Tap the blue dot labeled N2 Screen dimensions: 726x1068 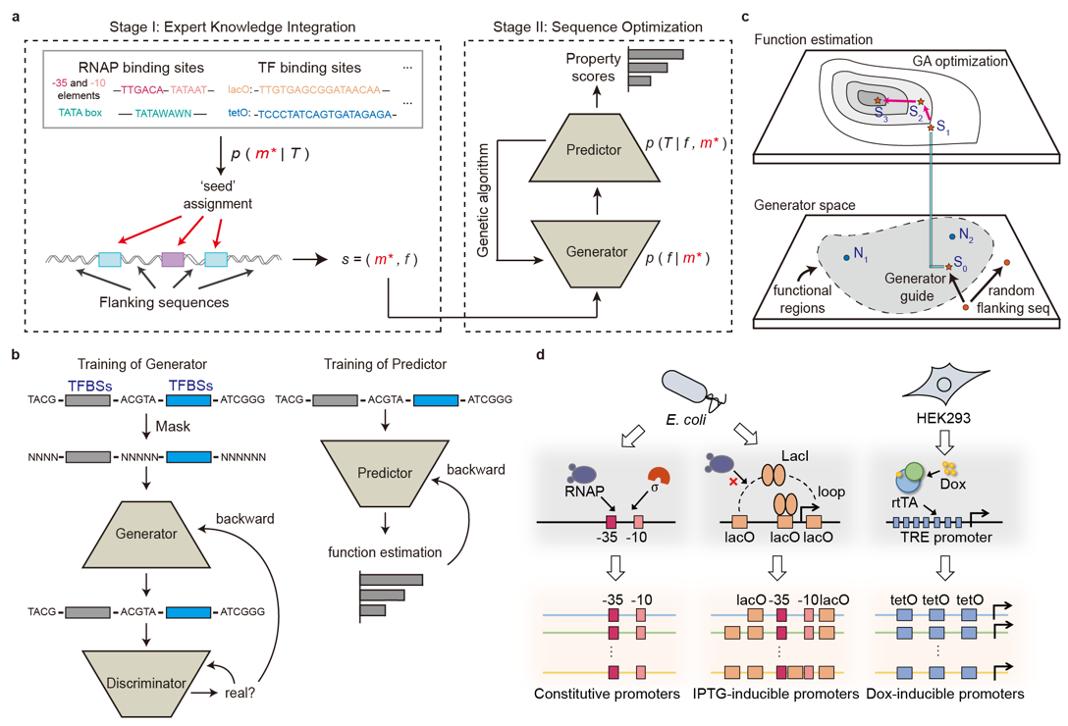952,236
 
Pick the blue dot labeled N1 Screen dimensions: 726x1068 846,258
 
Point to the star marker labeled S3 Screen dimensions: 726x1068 879,100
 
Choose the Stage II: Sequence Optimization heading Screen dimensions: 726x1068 596,26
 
